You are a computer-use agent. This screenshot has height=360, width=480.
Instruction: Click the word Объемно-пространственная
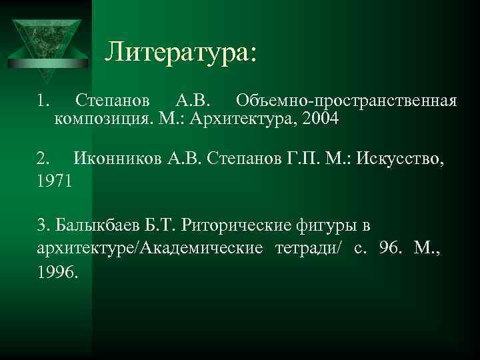[347, 101]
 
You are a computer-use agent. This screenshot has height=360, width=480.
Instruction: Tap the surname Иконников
[117, 159]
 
